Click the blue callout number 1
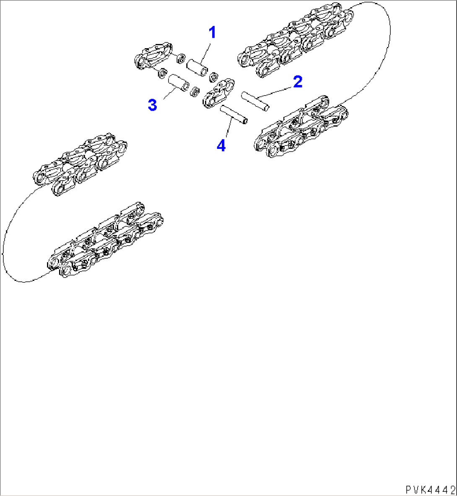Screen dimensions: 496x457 point(213,32)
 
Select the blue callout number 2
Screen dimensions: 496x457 point(297,82)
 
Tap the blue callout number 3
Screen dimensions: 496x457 point(152,105)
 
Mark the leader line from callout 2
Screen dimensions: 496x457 point(276,91)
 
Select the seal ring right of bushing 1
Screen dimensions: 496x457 point(213,77)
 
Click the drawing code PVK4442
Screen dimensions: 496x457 point(430,489)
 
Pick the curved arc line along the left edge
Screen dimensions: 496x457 point(4,243)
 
